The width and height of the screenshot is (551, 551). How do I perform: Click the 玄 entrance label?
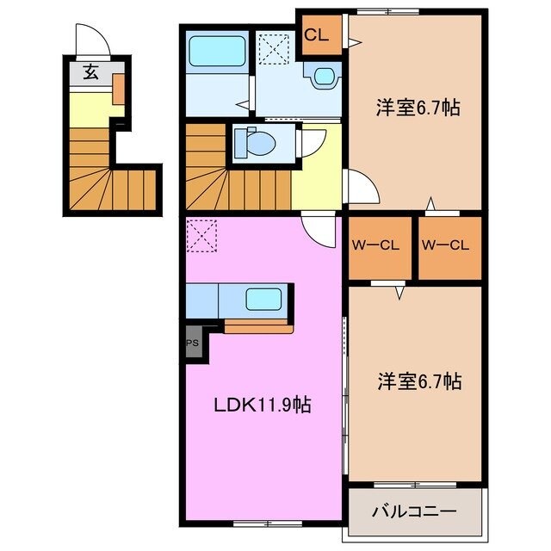click(x=90, y=73)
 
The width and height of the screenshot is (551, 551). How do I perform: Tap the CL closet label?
click(x=315, y=35)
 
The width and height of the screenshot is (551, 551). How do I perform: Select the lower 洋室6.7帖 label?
click(x=417, y=381)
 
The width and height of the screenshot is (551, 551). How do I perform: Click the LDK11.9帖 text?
click(x=263, y=405)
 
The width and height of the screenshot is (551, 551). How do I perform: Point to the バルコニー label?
click(x=413, y=512)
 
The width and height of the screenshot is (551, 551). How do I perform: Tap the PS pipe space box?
click(x=191, y=343)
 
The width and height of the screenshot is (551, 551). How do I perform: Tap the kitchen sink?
click(x=264, y=300)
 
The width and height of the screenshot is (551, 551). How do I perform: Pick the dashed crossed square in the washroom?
click(x=274, y=48)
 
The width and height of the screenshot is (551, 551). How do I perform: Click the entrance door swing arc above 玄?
click(x=90, y=39)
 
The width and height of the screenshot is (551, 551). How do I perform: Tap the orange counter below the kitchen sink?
click(x=258, y=326)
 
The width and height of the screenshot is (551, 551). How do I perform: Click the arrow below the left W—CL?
click(x=399, y=293)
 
